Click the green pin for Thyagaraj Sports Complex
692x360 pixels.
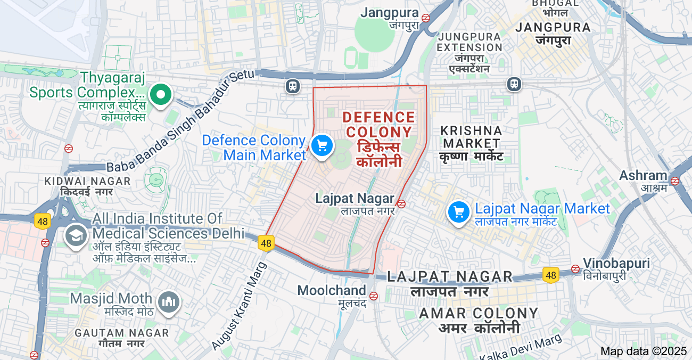click(160, 95)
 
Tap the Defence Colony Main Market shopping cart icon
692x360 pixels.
click(322, 145)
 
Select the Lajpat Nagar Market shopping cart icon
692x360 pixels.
click(458, 212)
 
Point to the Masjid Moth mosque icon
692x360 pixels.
click(169, 302)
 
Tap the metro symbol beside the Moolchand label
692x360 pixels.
click(374, 296)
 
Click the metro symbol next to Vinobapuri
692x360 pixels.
click(575, 268)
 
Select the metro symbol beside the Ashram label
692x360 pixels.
click(675, 181)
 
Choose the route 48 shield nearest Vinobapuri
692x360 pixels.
click(551, 275)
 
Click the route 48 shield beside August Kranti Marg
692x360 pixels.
click(266, 243)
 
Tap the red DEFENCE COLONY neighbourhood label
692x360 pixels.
click(378, 125)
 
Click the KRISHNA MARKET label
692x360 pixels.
click(472, 137)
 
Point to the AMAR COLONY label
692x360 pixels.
click(479, 313)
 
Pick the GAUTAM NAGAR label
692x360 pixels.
click(122, 333)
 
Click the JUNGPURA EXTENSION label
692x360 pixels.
click(469, 42)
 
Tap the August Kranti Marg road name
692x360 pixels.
click(240, 306)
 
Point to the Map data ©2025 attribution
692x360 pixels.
click(644, 351)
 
